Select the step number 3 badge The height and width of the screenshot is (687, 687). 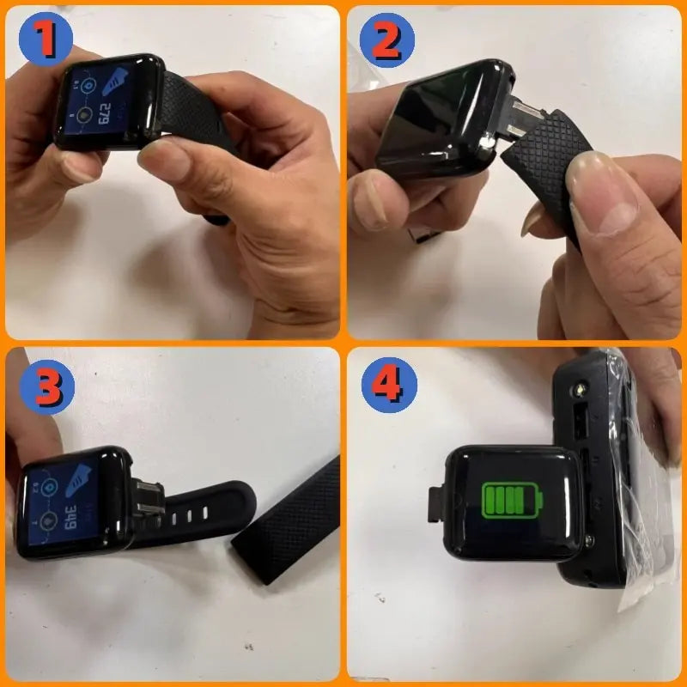[x=46, y=386]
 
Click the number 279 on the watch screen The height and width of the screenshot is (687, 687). [x=105, y=111]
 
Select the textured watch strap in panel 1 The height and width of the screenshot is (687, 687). [x=198, y=112]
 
